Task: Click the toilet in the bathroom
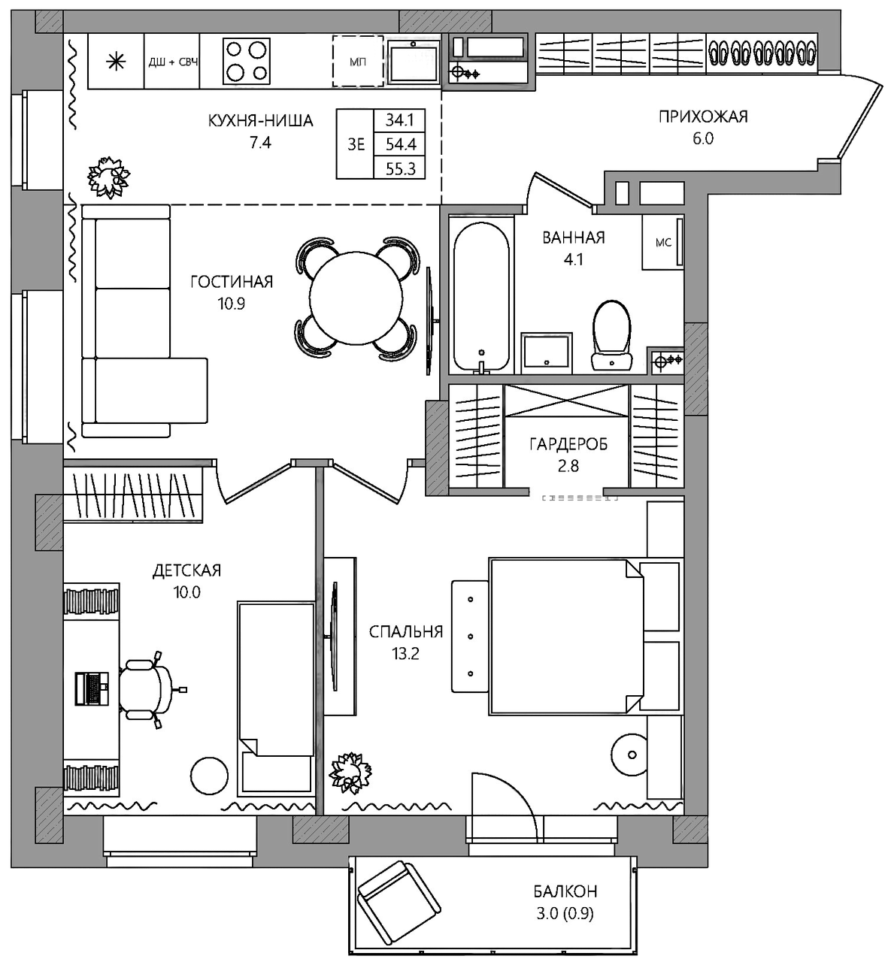(612, 334)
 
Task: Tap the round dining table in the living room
(356, 298)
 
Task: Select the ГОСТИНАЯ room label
(232, 282)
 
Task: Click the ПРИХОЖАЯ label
(703, 116)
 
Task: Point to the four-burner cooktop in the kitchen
(246, 61)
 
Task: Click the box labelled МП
(358, 61)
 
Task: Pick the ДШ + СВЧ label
(173, 62)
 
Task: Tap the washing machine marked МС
(663, 242)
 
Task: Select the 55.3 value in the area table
(400, 168)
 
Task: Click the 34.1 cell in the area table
(399, 119)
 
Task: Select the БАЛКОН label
(565, 891)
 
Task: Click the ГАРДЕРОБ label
(568, 444)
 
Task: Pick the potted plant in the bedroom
(350, 773)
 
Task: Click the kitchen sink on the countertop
(414, 62)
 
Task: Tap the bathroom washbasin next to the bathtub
(547, 353)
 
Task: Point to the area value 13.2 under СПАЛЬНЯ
(405, 654)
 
